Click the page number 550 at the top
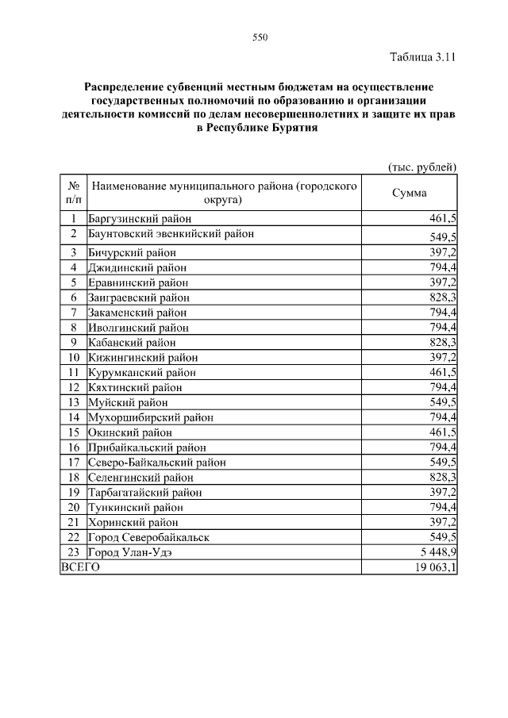pyautogui.click(x=258, y=37)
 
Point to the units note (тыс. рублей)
pyautogui.click(x=422, y=167)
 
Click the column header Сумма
pyautogui.click(x=410, y=193)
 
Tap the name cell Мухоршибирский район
pyautogui.click(x=150, y=417)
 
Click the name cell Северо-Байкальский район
pyautogui.click(x=156, y=463)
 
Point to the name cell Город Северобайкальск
pyautogui.click(x=148, y=537)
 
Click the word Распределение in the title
pyautogui.click(x=124, y=86)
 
